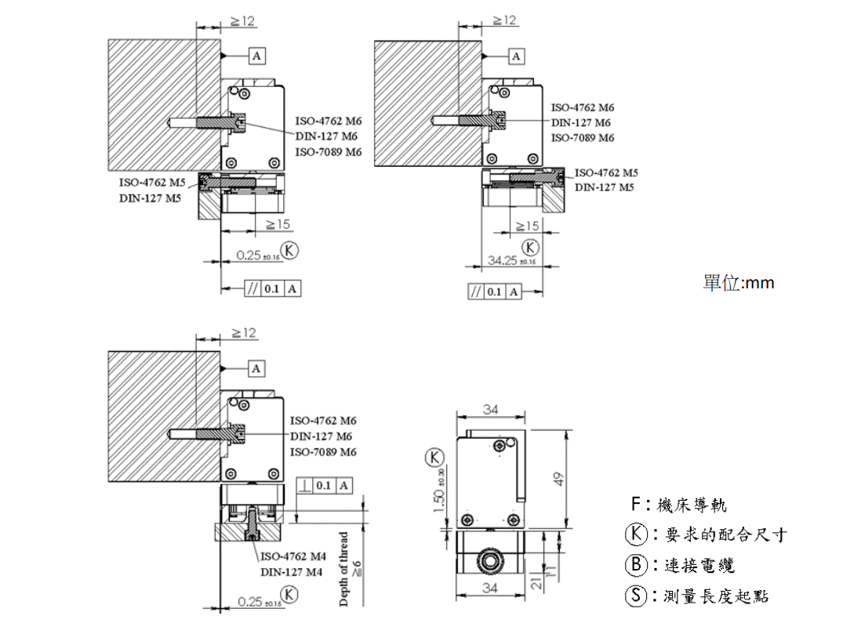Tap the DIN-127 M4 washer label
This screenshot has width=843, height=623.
click(x=292, y=572)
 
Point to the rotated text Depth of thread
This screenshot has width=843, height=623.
click(x=343, y=569)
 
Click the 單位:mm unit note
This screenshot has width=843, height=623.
click(x=738, y=283)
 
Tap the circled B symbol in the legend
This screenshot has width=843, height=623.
click(x=635, y=565)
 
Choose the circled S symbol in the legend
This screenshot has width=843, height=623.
click(x=635, y=596)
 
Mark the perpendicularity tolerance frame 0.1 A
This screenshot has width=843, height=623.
click(x=324, y=486)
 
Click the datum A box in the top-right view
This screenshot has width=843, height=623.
click(x=516, y=56)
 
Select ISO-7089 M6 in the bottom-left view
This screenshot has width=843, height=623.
click(x=323, y=452)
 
